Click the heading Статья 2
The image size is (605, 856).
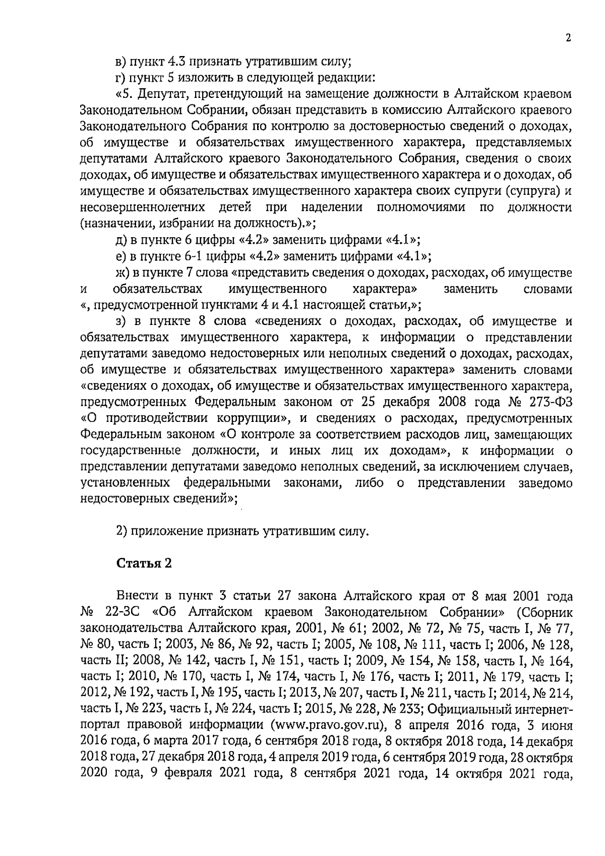[x=144, y=563]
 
